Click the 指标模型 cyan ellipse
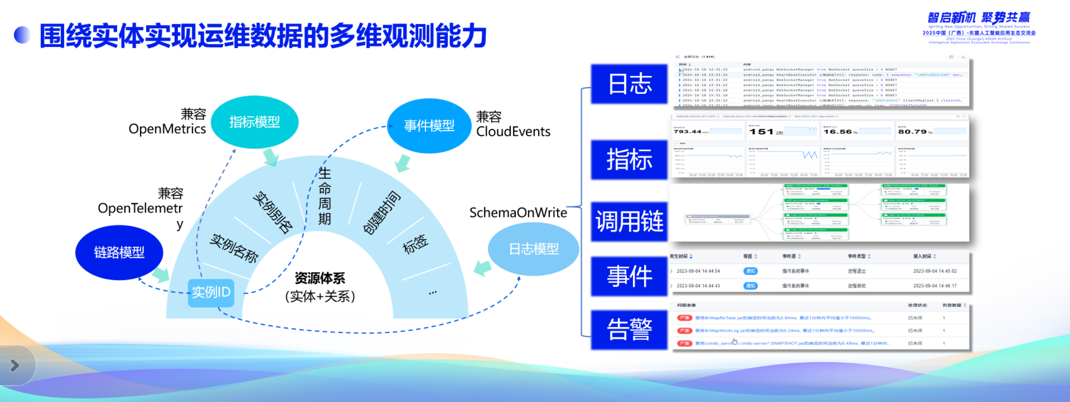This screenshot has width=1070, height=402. (x=255, y=122)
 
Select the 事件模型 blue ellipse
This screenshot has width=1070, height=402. (x=429, y=125)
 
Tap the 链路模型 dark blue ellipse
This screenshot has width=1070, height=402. (x=119, y=252)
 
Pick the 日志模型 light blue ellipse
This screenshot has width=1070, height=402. (x=534, y=249)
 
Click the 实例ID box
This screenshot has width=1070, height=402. (x=211, y=292)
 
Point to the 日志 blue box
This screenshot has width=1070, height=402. (x=629, y=84)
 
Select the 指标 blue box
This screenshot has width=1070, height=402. (x=629, y=160)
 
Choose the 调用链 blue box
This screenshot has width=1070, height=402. (x=629, y=221)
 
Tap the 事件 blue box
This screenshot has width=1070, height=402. (x=629, y=276)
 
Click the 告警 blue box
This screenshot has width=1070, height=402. (x=629, y=329)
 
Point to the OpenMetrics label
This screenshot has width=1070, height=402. (x=167, y=129)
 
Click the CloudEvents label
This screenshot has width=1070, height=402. (x=513, y=132)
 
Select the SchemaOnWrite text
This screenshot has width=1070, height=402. (x=518, y=213)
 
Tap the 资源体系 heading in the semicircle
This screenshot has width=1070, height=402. (x=320, y=278)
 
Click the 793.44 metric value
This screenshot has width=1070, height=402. (x=687, y=132)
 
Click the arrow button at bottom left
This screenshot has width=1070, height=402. (x=15, y=365)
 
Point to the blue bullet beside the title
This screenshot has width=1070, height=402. (x=22, y=35)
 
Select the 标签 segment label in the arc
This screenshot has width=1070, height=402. (x=415, y=244)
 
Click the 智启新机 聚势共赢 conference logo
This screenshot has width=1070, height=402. (x=979, y=18)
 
